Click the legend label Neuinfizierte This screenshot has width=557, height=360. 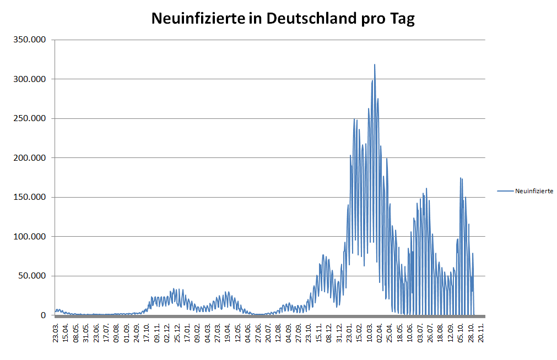[534, 191]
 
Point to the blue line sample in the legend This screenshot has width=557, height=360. [505, 191]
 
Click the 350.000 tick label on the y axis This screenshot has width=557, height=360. [30, 40]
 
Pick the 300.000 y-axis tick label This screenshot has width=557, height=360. [30, 79]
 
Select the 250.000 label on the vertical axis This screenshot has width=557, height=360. [30, 118]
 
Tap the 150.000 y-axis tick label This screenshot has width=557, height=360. [30, 197]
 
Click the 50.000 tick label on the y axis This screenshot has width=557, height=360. [33, 276]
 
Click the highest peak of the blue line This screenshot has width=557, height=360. [375, 64]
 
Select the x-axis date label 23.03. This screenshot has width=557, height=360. [56, 334]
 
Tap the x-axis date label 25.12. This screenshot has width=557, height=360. [177, 334]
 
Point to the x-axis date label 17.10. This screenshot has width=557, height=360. [147, 334]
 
